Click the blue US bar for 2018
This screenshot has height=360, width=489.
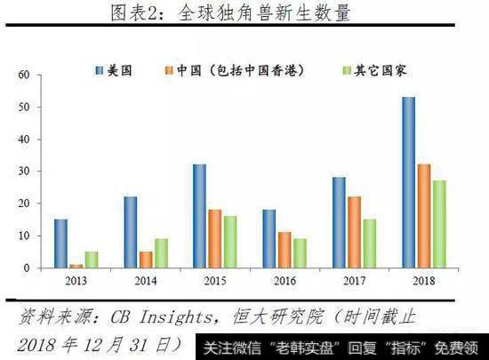coord(408,182)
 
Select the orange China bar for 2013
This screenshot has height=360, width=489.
coord(76,266)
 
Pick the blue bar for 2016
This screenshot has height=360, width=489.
coord(269,238)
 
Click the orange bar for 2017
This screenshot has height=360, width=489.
coord(353,232)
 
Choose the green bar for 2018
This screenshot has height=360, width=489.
coord(438,224)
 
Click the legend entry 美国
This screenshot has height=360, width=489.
coord(118,68)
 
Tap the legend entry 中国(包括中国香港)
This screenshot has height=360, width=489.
coord(239,68)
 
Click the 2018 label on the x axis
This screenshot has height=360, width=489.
coord(423,283)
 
